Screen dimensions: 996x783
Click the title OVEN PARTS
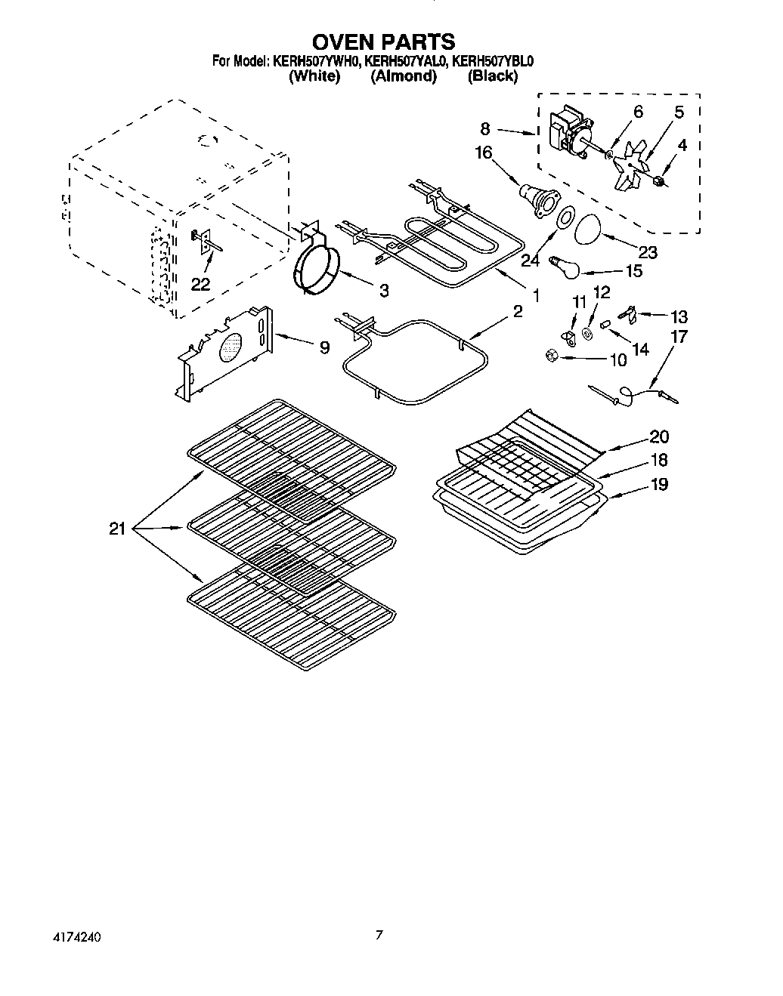[x=384, y=41]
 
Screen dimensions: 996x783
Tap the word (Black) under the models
[x=492, y=76]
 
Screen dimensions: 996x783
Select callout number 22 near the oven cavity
[x=200, y=284]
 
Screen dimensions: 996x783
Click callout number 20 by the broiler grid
[x=659, y=436]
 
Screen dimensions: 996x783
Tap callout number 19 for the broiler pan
[x=659, y=484]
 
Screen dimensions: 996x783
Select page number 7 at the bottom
[x=379, y=935]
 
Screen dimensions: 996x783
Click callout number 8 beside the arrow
[x=484, y=128]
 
